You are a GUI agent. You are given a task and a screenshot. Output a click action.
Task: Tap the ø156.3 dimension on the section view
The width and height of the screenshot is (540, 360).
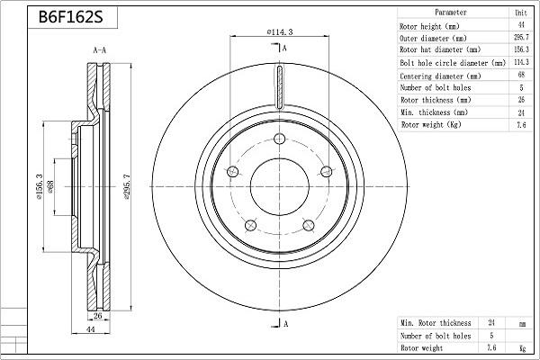coord(40,188)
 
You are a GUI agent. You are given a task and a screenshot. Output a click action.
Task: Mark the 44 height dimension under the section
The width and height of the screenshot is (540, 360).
coord(89,331)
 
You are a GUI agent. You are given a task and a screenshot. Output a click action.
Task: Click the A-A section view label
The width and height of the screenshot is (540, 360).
coord(101,52)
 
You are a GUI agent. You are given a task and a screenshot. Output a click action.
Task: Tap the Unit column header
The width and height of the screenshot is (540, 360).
coord(520,13)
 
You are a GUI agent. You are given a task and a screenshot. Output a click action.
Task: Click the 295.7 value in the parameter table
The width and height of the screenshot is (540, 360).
coord(520,39)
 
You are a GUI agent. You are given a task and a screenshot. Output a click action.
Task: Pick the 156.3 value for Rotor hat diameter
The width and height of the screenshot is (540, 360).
coord(520,51)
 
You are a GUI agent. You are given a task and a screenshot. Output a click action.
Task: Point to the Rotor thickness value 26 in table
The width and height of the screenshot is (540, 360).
coord(520,101)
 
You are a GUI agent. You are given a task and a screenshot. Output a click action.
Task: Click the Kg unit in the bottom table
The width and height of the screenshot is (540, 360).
coord(520,347)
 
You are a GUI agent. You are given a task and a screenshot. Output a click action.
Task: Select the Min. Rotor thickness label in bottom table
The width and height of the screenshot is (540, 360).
coord(436,322)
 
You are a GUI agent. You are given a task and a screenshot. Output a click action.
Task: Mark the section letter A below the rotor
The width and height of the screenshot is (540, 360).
coord(285,323)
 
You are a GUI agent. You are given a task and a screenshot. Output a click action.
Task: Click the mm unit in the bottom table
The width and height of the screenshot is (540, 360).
coord(520,322)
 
